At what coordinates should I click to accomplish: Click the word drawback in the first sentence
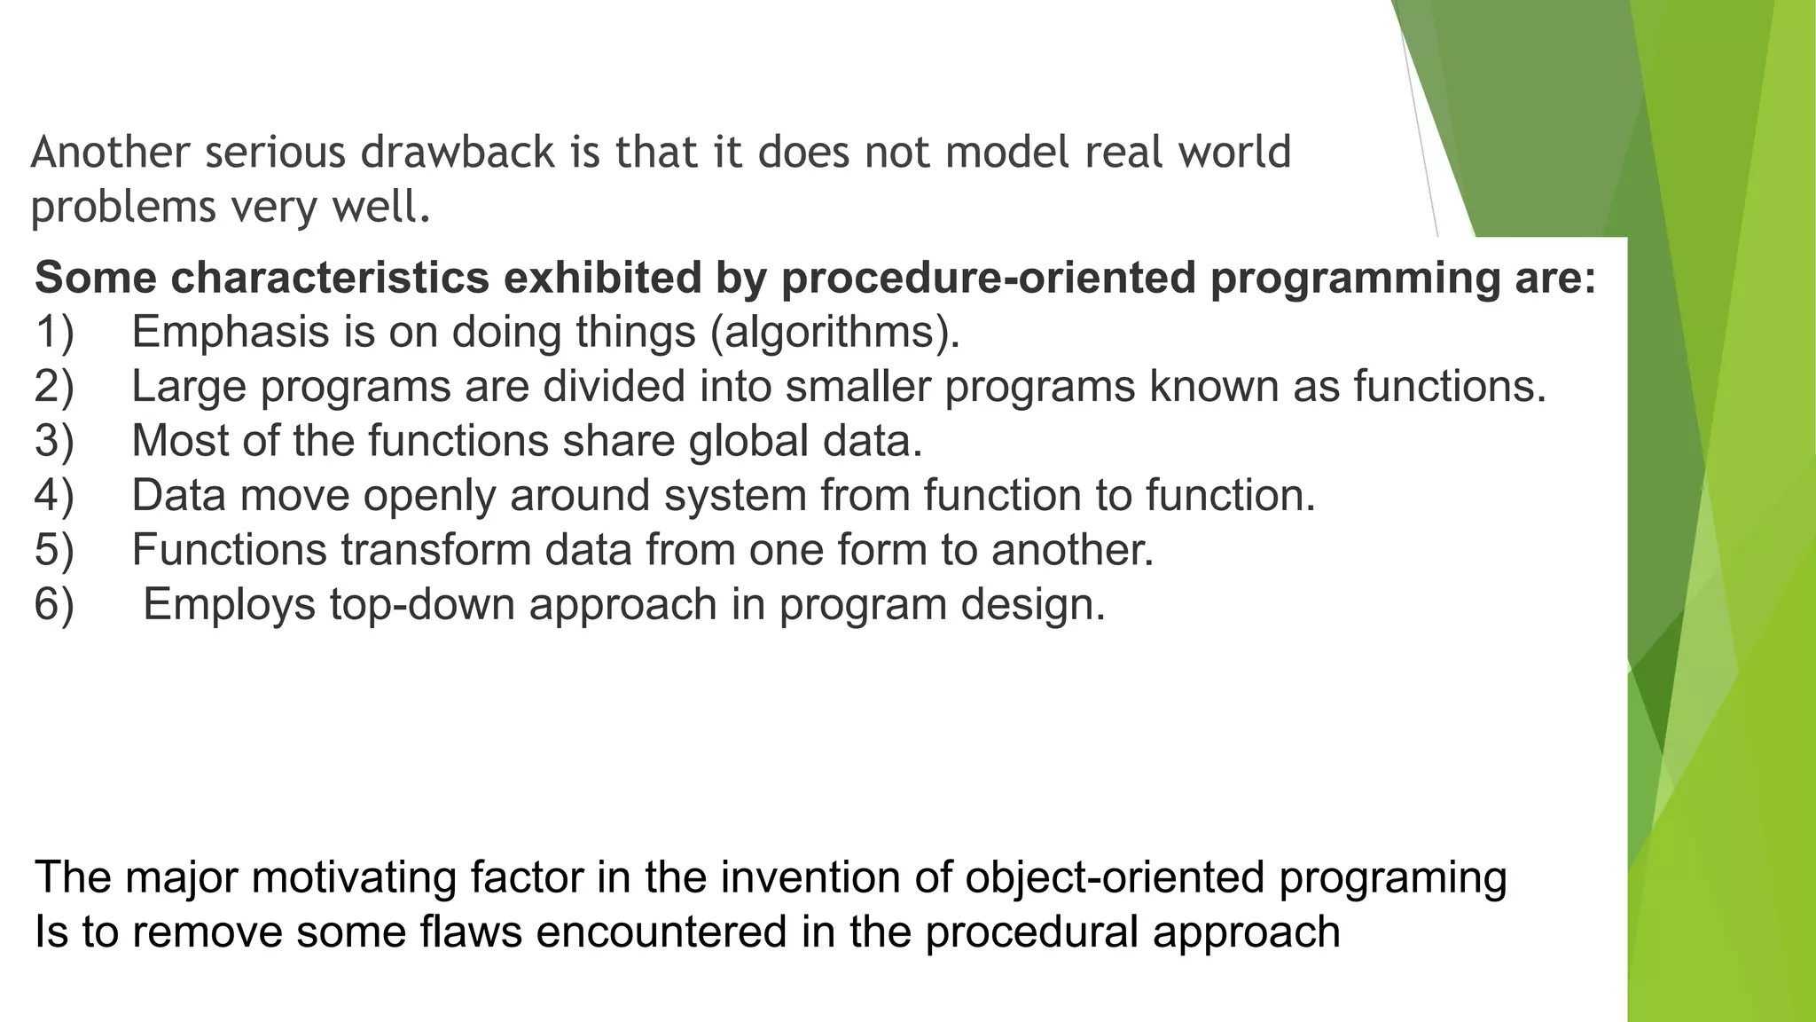click(x=458, y=152)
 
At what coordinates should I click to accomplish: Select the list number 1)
click(x=54, y=332)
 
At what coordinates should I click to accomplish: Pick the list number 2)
click(x=54, y=387)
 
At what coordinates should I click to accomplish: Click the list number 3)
click(x=54, y=441)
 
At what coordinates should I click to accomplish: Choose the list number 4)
click(x=54, y=495)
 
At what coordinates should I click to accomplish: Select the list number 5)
click(x=54, y=549)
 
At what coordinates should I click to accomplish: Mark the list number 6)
click(x=54, y=604)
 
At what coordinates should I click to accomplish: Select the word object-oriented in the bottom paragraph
click(x=1115, y=878)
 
